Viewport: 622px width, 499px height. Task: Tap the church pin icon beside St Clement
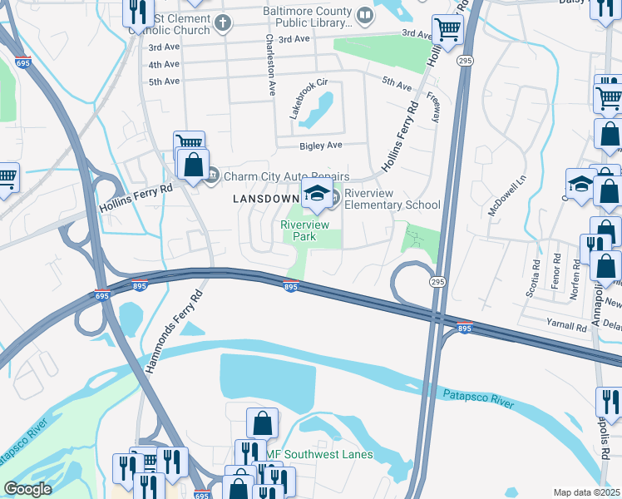(222, 22)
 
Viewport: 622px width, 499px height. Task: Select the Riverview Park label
(305, 230)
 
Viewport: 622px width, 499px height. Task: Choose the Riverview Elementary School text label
(392, 199)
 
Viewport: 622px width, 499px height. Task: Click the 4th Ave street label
(164, 64)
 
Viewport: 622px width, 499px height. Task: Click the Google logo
(27, 489)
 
